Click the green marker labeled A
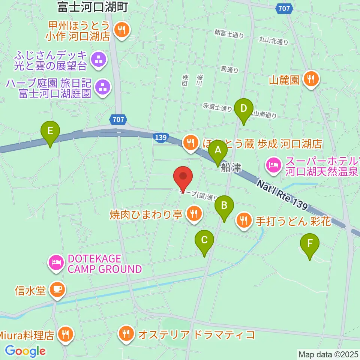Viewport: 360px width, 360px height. point(218,151)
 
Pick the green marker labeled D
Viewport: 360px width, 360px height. point(244,109)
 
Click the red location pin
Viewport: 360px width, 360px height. point(183,177)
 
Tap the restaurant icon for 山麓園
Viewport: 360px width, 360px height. point(311,79)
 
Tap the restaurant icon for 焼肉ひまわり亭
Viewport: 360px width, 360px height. point(193,214)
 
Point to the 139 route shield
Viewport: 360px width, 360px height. point(160,138)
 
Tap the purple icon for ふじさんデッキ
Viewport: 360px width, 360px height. point(99,60)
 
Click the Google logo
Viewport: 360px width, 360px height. point(25,351)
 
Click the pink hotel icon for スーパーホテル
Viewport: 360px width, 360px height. point(273,165)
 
